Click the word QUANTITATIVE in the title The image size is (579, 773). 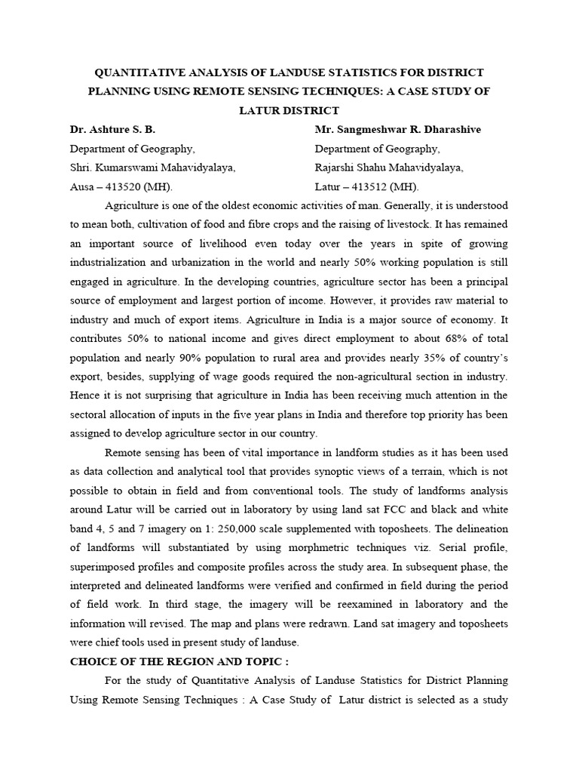(137, 72)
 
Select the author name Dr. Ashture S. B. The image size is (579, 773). (112, 129)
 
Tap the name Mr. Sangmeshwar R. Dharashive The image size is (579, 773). (397, 129)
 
